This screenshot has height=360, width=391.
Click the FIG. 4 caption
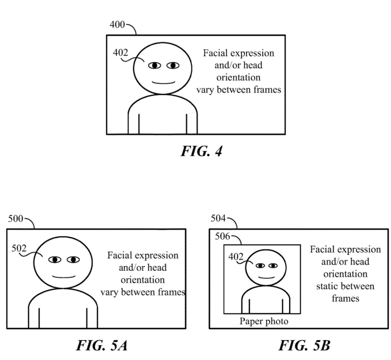point(201,151)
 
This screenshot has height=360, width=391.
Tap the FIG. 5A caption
point(102,345)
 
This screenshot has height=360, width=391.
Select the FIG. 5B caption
point(304,345)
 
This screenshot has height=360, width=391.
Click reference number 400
point(117,25)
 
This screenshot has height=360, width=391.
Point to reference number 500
point(16,219)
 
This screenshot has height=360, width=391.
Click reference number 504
point(218,218)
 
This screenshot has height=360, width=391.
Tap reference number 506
point(222,237)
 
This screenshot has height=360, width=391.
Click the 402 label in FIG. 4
point(121,53)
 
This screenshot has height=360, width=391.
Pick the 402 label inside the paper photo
point(236,257)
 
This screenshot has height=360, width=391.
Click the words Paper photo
point(264,321)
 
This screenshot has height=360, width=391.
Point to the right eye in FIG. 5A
point(73,260)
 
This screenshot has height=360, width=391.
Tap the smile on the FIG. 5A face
point(63,277)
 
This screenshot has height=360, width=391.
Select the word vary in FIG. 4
point(205,90)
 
